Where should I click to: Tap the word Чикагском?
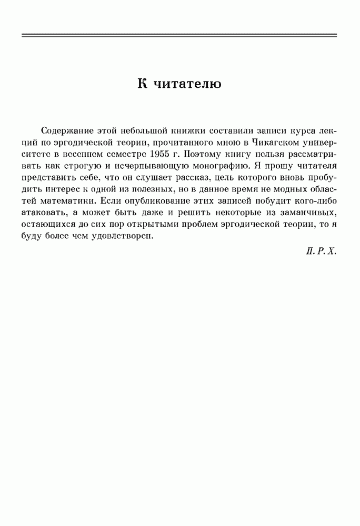coord(266,142)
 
